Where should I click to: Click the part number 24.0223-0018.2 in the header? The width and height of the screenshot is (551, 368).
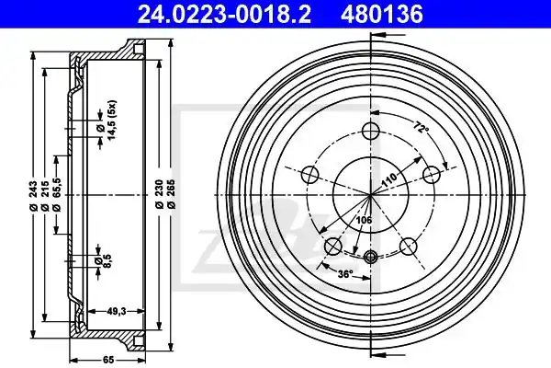[224, 15]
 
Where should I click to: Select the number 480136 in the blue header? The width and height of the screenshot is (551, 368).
[381, 15]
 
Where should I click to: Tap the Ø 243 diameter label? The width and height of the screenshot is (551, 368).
[34, 196]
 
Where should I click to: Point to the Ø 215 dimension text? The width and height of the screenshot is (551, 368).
[45, 196]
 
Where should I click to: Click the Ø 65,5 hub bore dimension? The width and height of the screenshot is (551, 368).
[57, 194]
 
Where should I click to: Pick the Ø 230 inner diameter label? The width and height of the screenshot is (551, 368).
[160, 194]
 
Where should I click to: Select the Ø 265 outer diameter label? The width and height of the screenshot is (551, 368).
[171, 194]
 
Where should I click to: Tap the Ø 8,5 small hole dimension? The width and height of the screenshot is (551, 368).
[103, 261]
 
